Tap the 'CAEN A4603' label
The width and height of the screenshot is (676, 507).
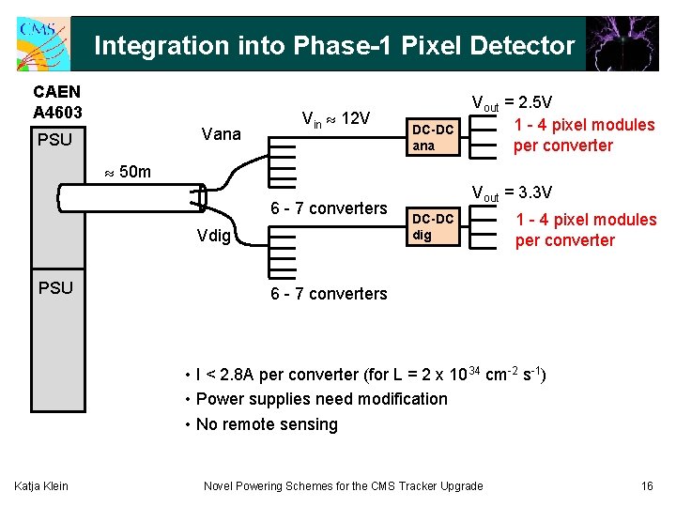[57, 102]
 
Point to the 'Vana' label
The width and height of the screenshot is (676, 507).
[221, 134]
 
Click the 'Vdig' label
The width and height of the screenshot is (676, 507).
[214, 236]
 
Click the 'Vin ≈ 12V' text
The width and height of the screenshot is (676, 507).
[335, 119]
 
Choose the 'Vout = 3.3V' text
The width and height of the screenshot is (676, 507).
[511, 194]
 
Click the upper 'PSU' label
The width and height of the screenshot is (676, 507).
[55, 142]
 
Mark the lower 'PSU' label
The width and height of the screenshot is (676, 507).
[55, 288]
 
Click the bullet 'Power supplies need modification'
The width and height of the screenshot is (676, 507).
[316, 399]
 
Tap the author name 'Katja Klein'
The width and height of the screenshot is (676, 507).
[39, 485]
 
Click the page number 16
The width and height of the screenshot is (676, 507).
[646, 485]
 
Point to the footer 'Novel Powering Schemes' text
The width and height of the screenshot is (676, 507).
[343, 485]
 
